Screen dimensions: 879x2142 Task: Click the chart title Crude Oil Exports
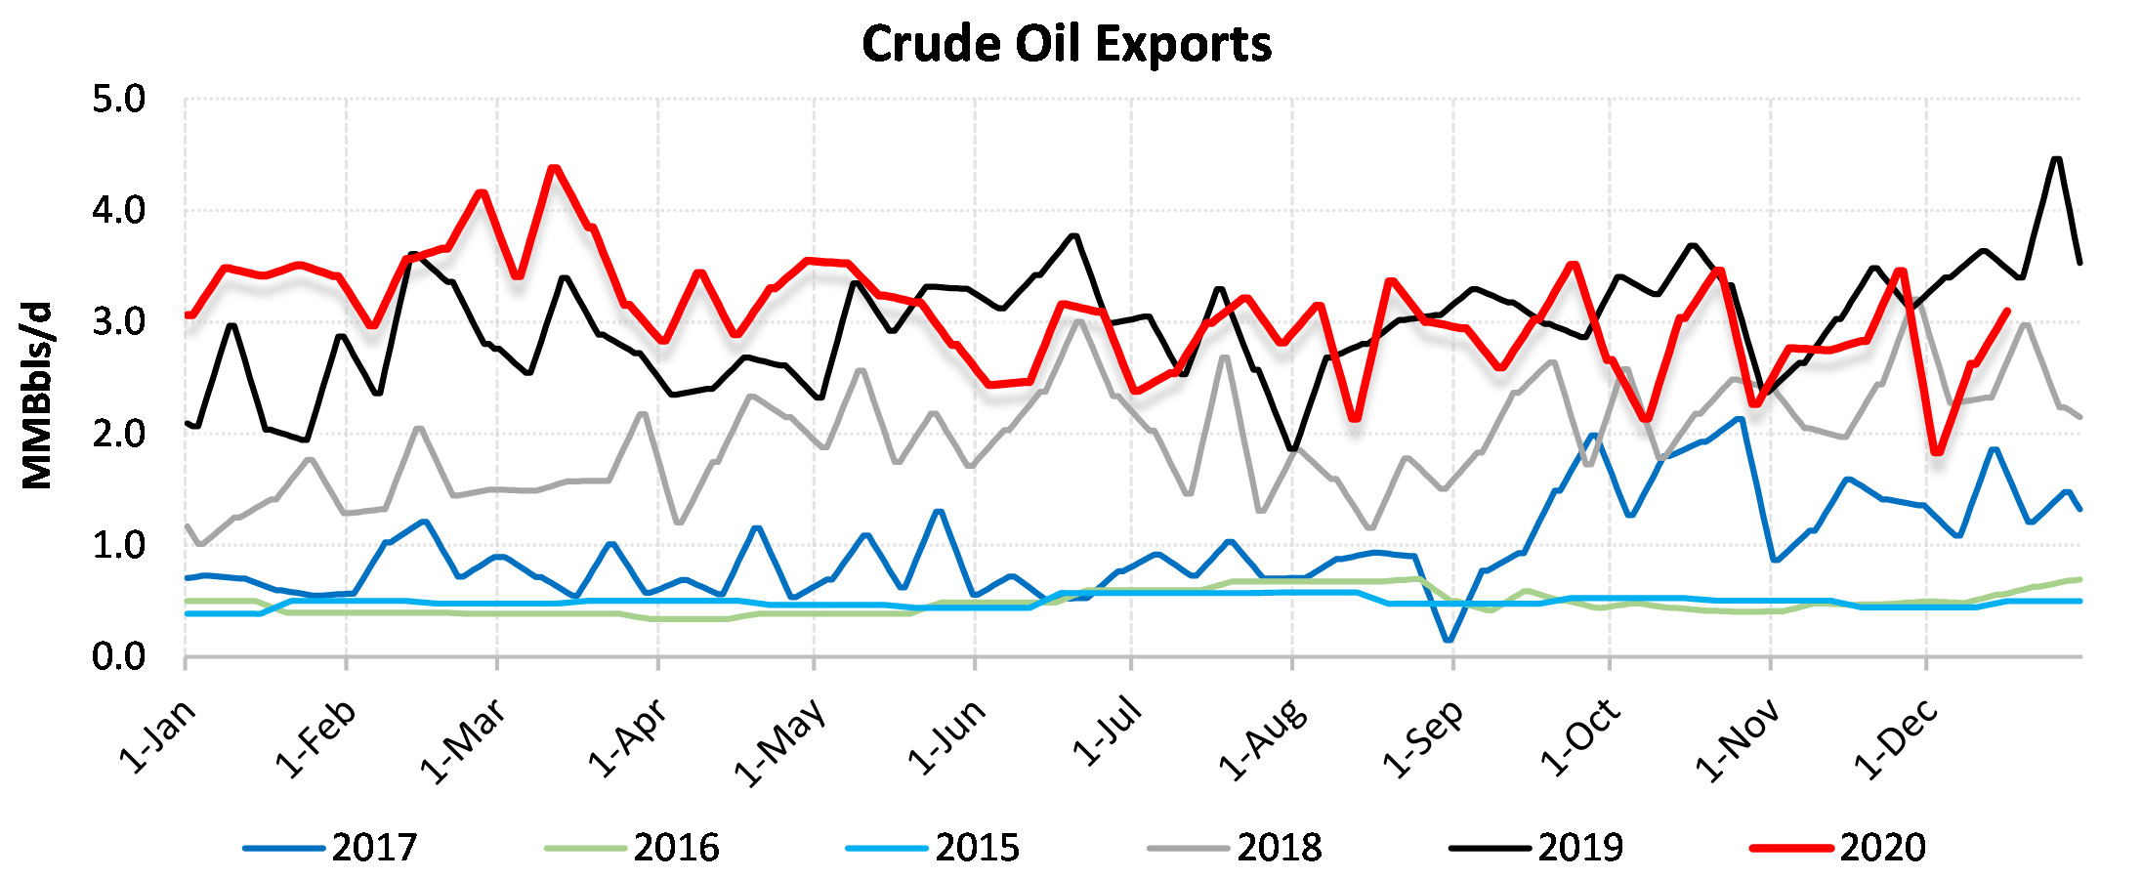[x=1067, y=44]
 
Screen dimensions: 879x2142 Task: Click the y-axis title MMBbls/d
[x=37, y=396]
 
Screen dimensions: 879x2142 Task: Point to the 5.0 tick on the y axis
[x=118, y=100]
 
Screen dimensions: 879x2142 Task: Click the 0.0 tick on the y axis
[x=118, y=657]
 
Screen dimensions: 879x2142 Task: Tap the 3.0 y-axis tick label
[x=118, y=322]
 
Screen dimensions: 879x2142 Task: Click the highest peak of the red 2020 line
[x=554, y=167]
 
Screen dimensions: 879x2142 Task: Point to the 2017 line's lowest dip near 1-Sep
[x=1448, y=641]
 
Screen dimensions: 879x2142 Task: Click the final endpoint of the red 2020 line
[x=2006, y=311]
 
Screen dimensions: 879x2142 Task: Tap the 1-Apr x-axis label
[x=627, y=737]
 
